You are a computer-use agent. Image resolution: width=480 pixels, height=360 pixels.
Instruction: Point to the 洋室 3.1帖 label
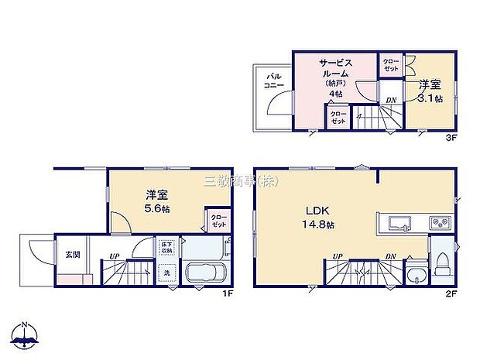click(x=430, y=91)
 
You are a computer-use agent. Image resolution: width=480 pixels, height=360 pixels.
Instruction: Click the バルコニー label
click(x=275, y=81)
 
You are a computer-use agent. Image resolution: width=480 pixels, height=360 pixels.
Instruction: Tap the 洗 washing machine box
click(x=166, y=273)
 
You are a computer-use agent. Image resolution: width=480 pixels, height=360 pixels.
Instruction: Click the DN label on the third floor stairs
click(x=392, y=99)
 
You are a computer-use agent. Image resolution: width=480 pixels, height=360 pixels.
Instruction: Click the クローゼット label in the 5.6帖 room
click(x=218, y=221)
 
